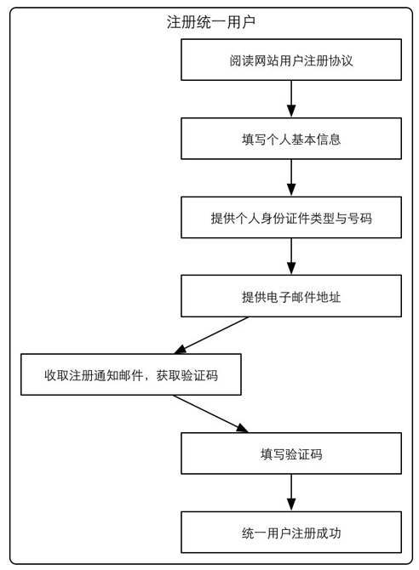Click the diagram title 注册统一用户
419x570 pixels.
[x=211, y=22]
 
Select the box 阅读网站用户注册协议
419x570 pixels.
[x=291, y=60]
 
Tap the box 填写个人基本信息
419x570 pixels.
[x=291, y=139]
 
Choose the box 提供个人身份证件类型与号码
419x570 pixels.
[x=291, y=218]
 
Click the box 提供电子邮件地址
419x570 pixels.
[x=291, y=296]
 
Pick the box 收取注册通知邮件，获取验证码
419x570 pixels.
[x=131, y=374]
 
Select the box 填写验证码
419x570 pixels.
[x=291, y=453]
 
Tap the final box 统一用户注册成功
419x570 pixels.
[x=291, y=533]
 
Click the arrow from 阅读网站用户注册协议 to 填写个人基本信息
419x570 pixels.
[x=291, y=99]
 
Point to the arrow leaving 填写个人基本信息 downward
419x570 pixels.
[x=291, y=178]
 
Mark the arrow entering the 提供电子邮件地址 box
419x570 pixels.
[x=291, y=257]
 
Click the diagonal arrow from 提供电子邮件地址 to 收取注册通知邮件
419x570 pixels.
[x=211, y=335]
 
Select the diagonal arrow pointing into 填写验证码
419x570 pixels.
[x=211, y=413]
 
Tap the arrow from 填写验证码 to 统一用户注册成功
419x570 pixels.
[x=291, y=493]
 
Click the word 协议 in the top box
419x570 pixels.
[x=341, y=60]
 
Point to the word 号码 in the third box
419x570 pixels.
[x=359, y=218]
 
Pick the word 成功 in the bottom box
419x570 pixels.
[x=329, y=533]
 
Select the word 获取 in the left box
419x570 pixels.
[x=169, y=375]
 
